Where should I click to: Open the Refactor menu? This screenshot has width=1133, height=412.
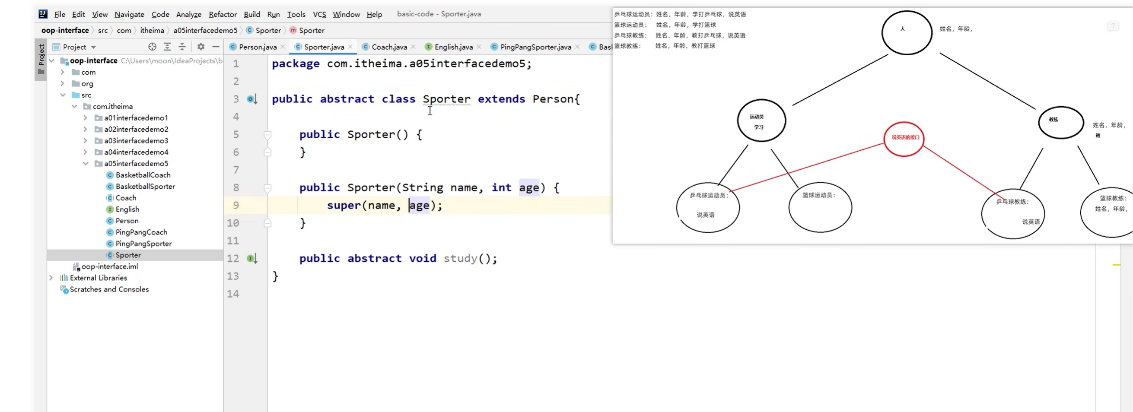[x=223, y=15]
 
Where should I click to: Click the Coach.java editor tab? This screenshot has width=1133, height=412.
[x=389, y=47]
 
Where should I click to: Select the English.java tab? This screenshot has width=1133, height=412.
[x=453, y=47]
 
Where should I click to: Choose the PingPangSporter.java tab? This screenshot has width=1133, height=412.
[x=535, y=47]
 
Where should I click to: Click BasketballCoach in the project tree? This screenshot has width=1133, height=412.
[x=143, y=175]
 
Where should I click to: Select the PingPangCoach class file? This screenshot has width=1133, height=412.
[x=141, y=232]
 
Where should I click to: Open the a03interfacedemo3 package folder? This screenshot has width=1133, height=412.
[x=136, y=141]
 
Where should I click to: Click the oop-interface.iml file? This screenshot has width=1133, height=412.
[x=109, y=266]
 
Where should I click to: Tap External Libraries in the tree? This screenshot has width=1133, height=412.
[x=98, y=278]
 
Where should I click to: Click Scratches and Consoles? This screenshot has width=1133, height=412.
[x=109, y=289]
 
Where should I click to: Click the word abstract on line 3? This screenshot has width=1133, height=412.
[x=347, y=99]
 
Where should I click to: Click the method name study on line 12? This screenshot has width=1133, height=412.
[x=460, y=259]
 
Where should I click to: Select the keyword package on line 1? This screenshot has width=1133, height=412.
[x=296, y=64]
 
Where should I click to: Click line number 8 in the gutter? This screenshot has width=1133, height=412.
[x=236, y=188]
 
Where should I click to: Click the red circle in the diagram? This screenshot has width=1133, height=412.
[x=904, y=139]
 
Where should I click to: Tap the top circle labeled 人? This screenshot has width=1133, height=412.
[x=906, y=32]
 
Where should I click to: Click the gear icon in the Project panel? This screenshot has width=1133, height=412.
[x=201, y=47]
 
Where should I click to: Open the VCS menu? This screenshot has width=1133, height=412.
[x=319, y=15]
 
